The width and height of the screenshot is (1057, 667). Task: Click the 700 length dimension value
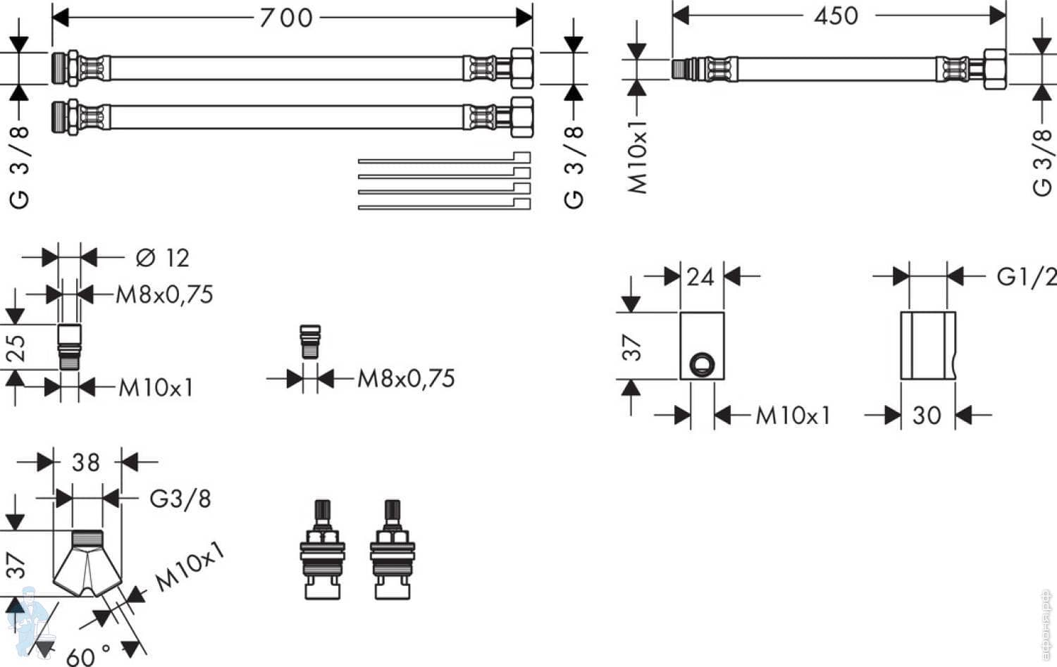click(x=285, y=18)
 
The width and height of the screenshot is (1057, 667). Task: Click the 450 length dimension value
click(x=836, y=15)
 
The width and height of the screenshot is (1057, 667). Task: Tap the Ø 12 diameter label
click(x=163, y=258)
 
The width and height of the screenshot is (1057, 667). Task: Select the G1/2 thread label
click(x=1026, y=277)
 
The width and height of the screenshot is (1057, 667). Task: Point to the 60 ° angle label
click(x=89, y=655)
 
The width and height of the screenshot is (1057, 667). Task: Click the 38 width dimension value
click(x=86, y=463)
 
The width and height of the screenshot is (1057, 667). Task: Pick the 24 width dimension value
click(x=700, y=277)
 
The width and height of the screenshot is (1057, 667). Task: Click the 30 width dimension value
click(x=926, y=416)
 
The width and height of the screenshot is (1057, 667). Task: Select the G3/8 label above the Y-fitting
click(x=180, y=499)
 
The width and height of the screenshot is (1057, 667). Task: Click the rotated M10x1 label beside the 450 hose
click(x=638, y=156)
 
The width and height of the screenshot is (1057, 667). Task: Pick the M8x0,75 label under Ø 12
click(x=164, y=294)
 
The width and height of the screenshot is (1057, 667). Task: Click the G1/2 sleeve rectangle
click(x=928, y=345)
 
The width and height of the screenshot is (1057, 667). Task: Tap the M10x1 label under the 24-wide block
click(x=793, y=416)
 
